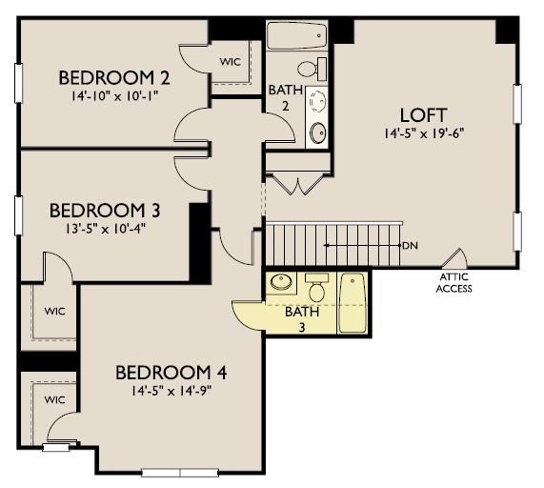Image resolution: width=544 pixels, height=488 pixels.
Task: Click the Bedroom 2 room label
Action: tap(114, 78)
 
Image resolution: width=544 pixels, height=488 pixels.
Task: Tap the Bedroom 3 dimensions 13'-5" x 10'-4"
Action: tap(105, 229)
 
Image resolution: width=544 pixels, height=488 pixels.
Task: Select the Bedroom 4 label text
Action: tap(171, 373)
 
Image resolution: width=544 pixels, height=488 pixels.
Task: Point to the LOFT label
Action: tap(423, 115)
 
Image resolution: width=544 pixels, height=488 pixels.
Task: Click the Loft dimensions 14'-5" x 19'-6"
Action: tap(424, 132)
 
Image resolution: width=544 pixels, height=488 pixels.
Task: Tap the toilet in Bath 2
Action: tap(312, 69)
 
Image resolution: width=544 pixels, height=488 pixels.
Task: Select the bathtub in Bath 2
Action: tap(296, 36)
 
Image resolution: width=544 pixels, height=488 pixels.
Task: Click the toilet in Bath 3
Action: tap(316, 287)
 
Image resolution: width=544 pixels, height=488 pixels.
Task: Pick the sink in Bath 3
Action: tap(281, 282)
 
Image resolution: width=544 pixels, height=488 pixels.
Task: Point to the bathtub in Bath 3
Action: tap(353, 303)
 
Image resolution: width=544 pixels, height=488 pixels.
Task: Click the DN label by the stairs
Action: tap(411, 246)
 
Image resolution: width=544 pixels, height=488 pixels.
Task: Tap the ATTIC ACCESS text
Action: tap(454, 283)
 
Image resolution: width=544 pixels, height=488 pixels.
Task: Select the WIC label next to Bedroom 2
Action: tap(230, 62)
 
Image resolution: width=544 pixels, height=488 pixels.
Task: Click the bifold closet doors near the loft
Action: tap(297, 184)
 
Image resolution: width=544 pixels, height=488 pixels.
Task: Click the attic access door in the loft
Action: tap(454, 258)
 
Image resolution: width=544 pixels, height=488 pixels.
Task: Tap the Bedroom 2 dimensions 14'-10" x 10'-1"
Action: tap(115, 95)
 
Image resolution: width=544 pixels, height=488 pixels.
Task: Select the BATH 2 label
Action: tap(285, 98)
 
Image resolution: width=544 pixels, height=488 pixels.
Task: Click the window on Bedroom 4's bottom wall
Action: tap(180, 473)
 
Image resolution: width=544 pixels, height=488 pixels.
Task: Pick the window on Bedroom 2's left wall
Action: tap(18, 83)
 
